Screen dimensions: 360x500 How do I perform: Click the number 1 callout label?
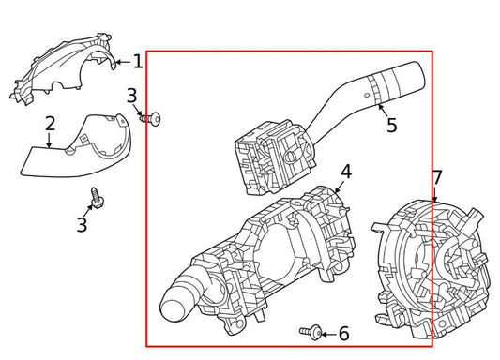[137, 62]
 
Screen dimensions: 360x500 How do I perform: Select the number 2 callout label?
[50, 123]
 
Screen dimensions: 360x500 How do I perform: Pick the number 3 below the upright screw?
[82, 225]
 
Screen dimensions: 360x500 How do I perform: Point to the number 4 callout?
[345, 172]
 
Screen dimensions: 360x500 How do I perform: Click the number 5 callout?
[391, 125]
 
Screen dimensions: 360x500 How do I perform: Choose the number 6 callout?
[343, 333]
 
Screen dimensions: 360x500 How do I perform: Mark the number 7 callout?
[436, 177]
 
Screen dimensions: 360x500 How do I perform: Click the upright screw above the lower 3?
[96, 197]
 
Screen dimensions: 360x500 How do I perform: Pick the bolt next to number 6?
[313, 332]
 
